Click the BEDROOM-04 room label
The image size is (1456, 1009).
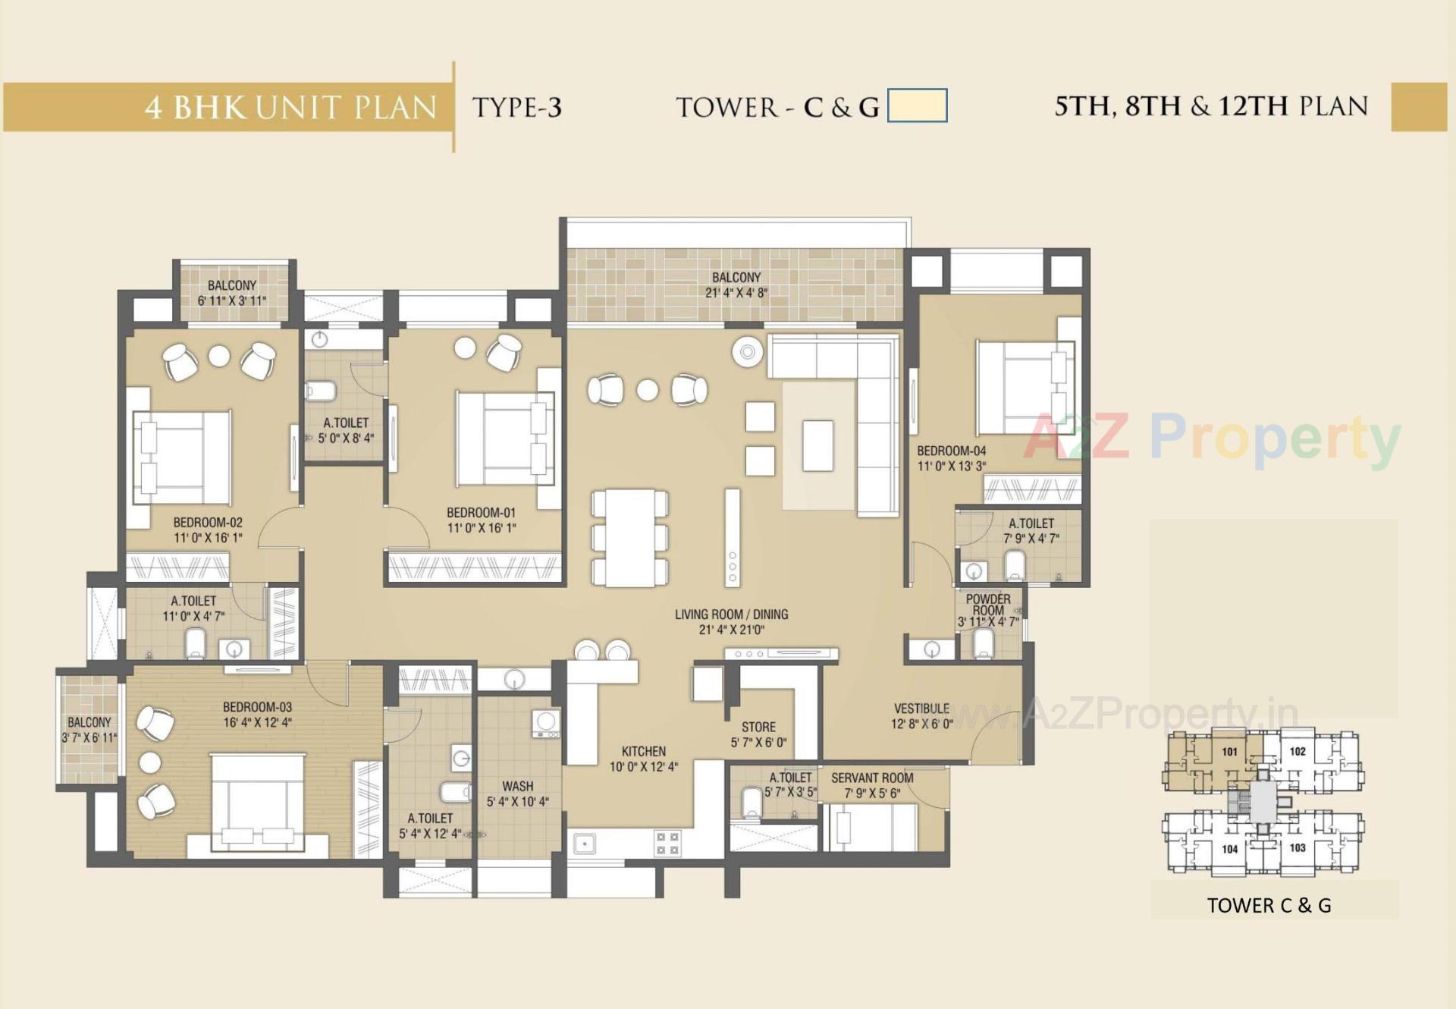point(951,451)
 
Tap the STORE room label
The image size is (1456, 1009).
point(758,727)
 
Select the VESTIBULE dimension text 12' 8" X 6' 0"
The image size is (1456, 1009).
point(921,724)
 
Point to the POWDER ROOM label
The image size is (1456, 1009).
point(987,605)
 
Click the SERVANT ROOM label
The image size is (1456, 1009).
point(872,778)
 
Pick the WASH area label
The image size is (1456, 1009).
point(517,786)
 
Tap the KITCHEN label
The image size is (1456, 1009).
point(643,751)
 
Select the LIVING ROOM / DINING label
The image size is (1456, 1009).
point(731,615)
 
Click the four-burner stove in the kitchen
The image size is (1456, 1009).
point(667,844)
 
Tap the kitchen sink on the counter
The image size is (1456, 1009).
point(585,844)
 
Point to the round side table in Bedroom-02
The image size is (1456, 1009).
point(219,356)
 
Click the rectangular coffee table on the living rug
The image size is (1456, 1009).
point(817,445)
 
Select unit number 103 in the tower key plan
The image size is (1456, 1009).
point(1297,847)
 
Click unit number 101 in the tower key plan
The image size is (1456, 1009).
point(1229,752)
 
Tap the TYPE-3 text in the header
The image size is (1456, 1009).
point(516,107)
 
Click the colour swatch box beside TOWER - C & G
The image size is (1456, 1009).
point(917,105)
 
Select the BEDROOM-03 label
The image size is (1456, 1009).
point(257,707)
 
